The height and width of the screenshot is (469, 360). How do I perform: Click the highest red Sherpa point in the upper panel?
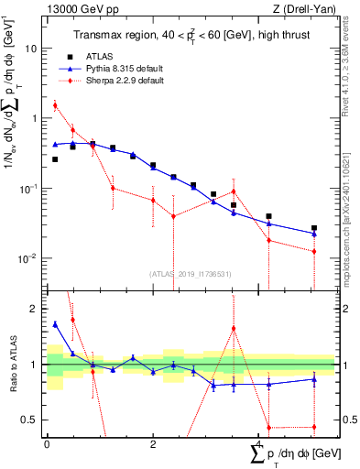(x=55, y=105)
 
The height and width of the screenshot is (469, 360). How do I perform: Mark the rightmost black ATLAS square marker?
(x=313, y=228)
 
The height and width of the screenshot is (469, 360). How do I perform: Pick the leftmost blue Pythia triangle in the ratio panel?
(x=55, y=324)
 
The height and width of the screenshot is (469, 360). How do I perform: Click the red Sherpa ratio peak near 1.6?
(x=234, y=328)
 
